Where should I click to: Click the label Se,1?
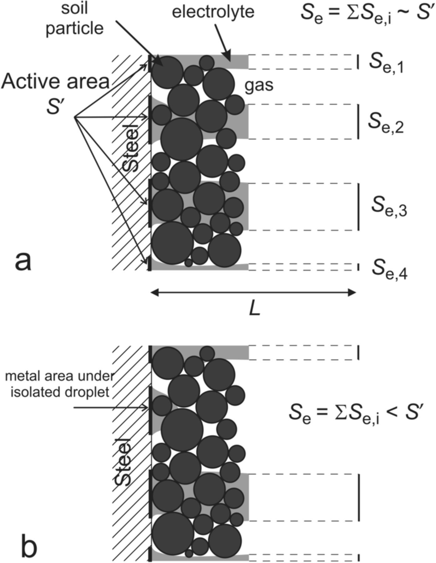coord(386,63)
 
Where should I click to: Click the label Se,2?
coord(386,123)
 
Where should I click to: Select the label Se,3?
coord(389,207)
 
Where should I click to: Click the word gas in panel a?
coord(259,85)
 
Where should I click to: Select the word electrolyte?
coord(213,12)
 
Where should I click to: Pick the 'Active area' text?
coord(56,82)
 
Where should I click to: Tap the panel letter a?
coord(23,261)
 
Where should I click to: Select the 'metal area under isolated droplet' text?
coord(59,384)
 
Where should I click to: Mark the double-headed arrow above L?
coord(253,293)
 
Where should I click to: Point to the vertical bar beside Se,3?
coord(358,207)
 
